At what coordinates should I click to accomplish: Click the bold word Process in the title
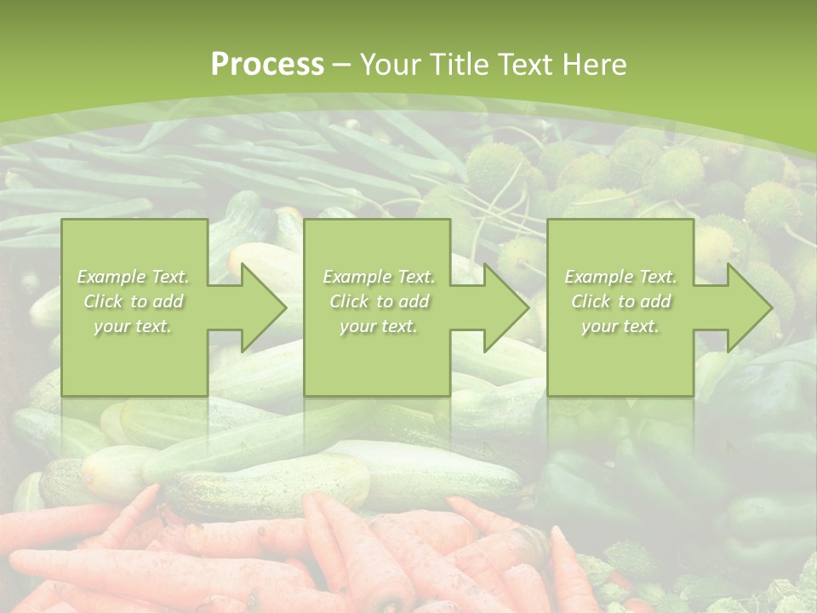point(267,65)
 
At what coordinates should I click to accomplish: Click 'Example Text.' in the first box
point(133,277)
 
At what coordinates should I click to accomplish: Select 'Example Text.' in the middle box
point(378,277)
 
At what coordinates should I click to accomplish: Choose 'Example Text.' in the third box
point(620,277)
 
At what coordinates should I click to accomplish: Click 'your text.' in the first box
point(133,326)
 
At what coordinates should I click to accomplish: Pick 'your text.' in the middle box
point(378,326)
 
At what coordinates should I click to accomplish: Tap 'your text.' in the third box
point(620,326)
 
